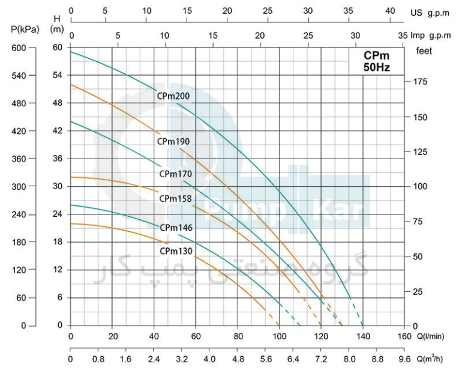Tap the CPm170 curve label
coord(175,174)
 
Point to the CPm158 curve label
coord(175,198)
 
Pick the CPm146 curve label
coord(175,228)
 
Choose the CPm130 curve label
coord(176,251)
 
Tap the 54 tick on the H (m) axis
coord(58,76)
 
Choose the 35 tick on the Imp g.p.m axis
coord(402,35)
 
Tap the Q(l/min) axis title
coord(433,336)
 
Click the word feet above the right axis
coord(424,51)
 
